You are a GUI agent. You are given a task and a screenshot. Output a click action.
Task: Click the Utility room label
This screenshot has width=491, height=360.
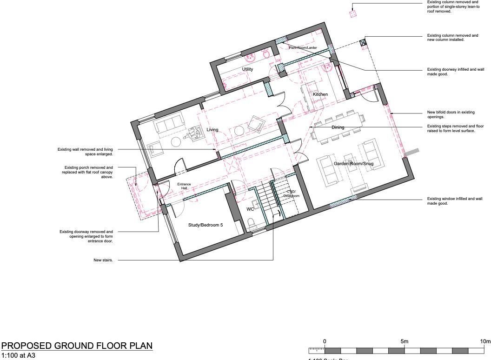pos(247,69)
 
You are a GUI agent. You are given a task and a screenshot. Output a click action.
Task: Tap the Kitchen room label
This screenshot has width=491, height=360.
pos(320,94)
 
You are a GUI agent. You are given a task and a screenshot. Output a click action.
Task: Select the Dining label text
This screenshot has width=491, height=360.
pos(338,127)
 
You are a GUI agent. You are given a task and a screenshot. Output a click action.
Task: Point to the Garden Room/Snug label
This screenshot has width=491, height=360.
pos(353,164)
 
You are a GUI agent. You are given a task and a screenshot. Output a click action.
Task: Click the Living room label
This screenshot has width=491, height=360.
pos(212,130)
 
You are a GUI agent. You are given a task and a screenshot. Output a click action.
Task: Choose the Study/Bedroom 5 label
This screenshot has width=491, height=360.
pos(206,225)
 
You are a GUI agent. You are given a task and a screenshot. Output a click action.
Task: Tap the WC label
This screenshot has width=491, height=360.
pos(250,209)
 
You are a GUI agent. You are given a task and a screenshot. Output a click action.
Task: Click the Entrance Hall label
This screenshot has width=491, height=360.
pos(184,186)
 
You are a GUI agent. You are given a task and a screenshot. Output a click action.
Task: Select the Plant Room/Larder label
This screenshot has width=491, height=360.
pos(303,47)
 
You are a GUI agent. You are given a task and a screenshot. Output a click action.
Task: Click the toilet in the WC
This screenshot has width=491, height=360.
pos(252,225)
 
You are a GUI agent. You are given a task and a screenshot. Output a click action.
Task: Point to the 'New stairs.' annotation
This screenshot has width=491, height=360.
pos(103,260)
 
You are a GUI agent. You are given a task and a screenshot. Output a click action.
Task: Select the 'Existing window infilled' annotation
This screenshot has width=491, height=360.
pos(454,201)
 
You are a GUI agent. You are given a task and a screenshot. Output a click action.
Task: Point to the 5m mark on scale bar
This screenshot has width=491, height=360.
pos(405,342)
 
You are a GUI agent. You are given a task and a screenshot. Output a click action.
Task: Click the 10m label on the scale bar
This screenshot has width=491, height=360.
pos(484,342)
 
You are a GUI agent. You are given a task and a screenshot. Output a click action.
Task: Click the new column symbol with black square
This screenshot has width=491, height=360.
pos(363,43)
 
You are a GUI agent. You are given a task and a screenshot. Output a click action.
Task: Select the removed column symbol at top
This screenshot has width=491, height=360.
pos(353,14)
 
